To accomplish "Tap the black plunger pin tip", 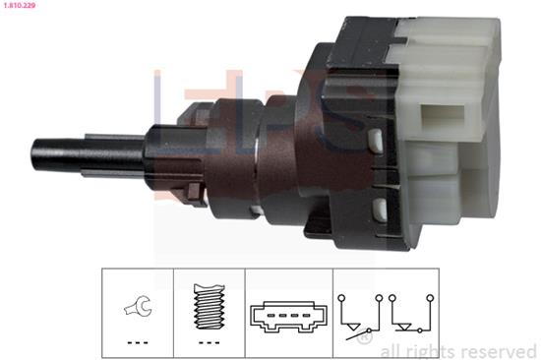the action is [x=34, y=154].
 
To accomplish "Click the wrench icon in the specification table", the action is [x=139, y=306].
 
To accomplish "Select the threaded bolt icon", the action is [x=210, y=306].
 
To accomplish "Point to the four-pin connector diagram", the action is [x=288, y=317].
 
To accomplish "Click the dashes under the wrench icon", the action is [x=138, y=342].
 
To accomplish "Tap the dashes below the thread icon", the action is [x=210, y=342].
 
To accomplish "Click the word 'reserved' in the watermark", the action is [x=499, y=352].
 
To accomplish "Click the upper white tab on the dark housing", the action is [x=376, y=141].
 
